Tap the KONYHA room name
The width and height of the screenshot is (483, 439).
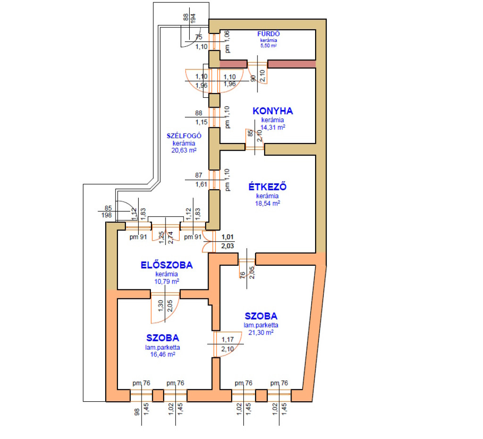[273, 111]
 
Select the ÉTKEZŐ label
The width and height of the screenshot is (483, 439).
[267, 186]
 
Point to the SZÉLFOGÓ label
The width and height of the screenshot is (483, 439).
[184, 135]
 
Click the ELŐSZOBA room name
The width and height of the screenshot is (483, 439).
[167, 265]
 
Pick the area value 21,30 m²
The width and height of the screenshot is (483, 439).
[261, 332]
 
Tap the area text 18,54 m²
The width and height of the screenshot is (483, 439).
[267, 203]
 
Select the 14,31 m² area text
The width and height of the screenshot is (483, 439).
[273, 127]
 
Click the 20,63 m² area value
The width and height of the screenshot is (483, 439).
[184, 151]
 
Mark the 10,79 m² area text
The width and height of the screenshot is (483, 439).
[167, 281]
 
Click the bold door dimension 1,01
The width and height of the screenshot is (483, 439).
[227, 237]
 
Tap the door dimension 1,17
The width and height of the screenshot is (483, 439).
[227, 339]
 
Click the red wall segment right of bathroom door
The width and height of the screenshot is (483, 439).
[291, 64]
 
